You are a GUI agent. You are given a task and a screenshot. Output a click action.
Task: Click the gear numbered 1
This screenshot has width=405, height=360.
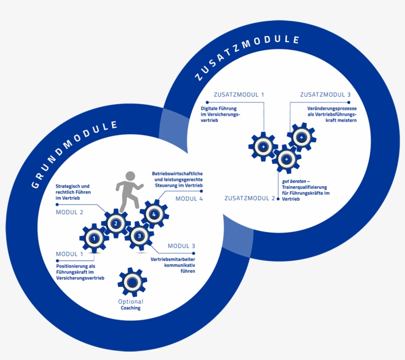click(94, 238)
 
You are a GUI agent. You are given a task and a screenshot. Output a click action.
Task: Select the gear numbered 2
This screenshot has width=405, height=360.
click(116, 223)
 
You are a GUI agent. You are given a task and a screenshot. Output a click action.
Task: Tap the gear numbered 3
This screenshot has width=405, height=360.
click(139, 236)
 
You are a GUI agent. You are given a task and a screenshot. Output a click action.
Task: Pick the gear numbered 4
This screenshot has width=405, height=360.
click(154, 214)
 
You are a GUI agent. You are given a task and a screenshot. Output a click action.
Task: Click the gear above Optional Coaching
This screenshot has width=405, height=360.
click(132, 282)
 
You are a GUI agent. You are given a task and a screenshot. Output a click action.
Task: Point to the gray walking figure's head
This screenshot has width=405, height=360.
click(130, 176)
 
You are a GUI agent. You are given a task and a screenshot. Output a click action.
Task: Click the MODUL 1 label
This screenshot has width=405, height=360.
click(70, 254)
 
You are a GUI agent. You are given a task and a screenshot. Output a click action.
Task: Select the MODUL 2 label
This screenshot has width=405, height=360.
click(70, 212)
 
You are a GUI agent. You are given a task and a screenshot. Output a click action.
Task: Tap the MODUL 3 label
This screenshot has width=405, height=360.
click(181, 246)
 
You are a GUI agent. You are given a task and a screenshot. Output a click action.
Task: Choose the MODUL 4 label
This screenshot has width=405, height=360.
click(189, 199)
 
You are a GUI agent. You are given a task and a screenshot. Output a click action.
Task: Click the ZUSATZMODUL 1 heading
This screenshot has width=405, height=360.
click(239, 95)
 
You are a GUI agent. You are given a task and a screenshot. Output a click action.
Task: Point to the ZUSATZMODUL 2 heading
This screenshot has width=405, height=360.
click(249, 199)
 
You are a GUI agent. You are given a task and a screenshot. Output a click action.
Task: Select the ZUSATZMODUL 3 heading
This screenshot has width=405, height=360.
click(325, 95)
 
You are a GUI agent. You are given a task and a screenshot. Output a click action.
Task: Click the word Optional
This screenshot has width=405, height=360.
click(131, 302)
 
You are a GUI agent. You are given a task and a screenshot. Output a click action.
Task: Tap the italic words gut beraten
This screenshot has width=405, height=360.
click(294, 181)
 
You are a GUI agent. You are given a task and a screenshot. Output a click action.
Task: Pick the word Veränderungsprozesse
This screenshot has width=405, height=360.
click(332, 109)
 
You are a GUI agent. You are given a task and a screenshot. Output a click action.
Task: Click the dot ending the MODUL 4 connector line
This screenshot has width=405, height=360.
click(202, 191)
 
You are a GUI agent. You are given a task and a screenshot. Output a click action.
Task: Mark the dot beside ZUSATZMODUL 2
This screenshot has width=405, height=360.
click(278, 199)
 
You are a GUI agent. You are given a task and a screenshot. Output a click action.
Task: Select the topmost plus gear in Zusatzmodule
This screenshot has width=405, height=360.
click(301, 137)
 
